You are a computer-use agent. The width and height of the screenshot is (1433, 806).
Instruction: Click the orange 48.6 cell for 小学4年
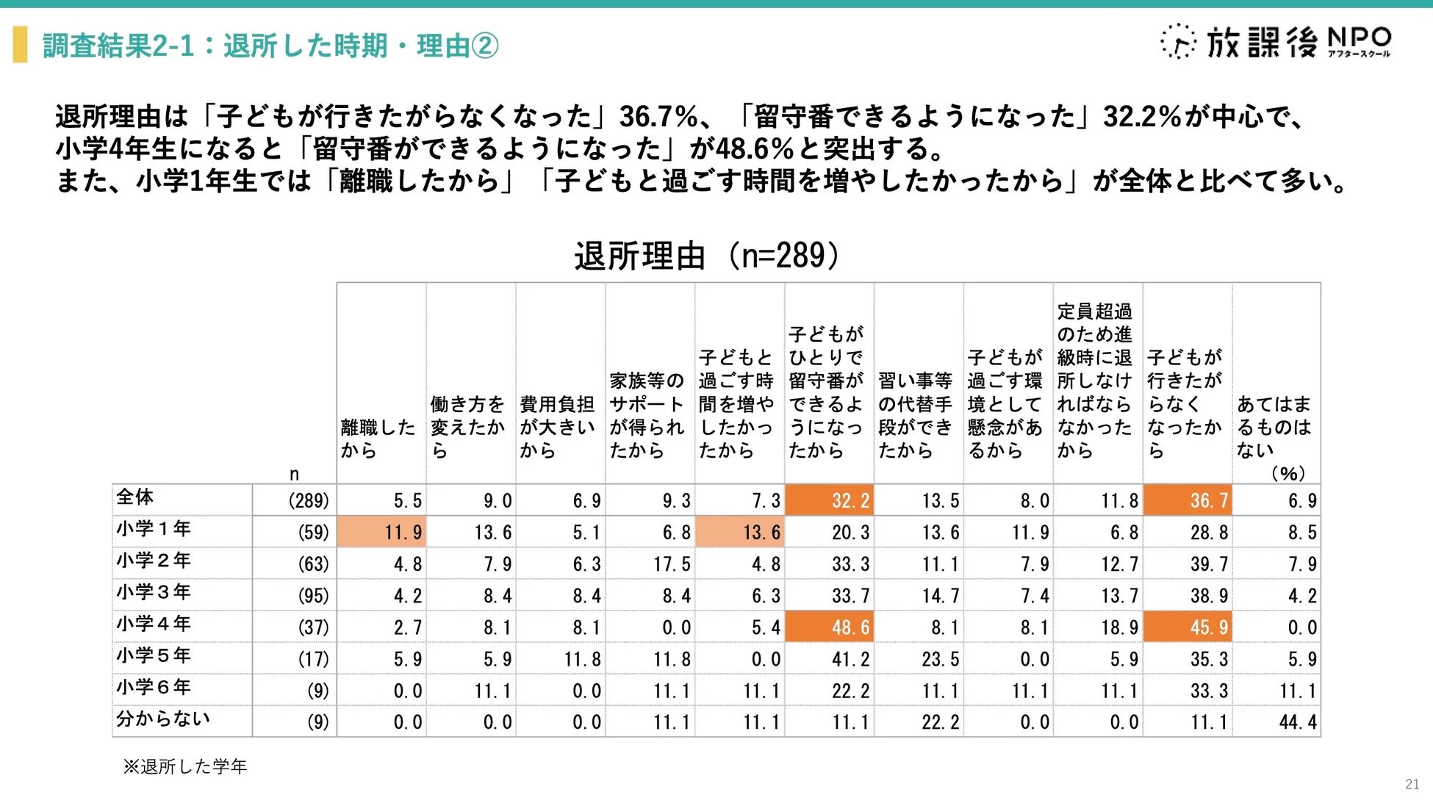830,627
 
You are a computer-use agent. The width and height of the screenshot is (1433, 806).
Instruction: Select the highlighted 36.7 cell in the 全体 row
1188,500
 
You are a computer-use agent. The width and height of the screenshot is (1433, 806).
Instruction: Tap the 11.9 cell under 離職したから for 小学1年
381,532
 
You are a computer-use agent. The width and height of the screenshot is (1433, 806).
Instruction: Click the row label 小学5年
154,655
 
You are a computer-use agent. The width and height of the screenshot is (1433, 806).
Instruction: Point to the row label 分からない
162,719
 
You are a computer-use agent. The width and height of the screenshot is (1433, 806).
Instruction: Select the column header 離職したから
378,439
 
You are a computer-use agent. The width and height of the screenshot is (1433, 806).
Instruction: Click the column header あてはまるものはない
1274,427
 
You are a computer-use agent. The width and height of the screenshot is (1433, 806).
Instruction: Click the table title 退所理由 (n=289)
706,256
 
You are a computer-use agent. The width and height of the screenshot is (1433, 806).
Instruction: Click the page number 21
1412,784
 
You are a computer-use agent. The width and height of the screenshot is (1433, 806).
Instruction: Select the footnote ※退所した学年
185,767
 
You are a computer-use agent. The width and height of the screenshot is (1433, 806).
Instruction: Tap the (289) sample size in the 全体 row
308,501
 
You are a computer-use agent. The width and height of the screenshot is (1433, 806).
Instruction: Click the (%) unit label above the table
1287,473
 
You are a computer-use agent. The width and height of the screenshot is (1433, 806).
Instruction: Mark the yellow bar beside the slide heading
21,44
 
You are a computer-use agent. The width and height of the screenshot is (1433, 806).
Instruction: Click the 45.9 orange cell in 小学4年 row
1188,627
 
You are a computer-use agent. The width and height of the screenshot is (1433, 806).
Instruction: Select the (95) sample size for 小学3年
313,596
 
